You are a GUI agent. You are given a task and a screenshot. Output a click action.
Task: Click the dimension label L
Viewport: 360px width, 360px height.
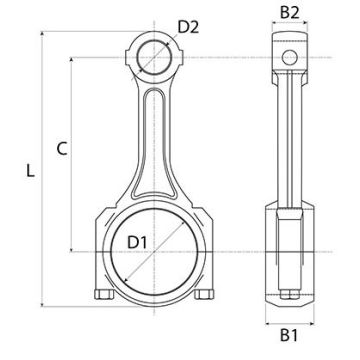[x=30, y=171]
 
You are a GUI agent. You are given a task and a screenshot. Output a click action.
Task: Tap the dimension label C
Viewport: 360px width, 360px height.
[x=62, y=149]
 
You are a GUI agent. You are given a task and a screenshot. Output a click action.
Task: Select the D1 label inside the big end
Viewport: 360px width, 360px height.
[x=137, y=242]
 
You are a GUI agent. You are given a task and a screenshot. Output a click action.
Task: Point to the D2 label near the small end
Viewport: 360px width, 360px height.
[x=188, y=27]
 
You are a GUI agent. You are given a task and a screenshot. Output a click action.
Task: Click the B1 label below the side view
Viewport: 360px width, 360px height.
[x=289, y=335]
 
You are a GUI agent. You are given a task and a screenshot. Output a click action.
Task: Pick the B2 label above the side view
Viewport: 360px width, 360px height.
[x=290, y=13]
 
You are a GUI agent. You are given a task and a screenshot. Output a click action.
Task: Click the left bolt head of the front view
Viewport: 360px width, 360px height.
[x=104, y=294]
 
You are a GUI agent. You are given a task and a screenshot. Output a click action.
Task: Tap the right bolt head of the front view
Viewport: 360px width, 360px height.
[x=204, y=294]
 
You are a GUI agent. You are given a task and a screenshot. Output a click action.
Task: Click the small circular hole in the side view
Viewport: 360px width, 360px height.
[x=289, y=57]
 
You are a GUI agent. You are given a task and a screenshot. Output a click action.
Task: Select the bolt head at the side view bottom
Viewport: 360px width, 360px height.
[x=289, y=294]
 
